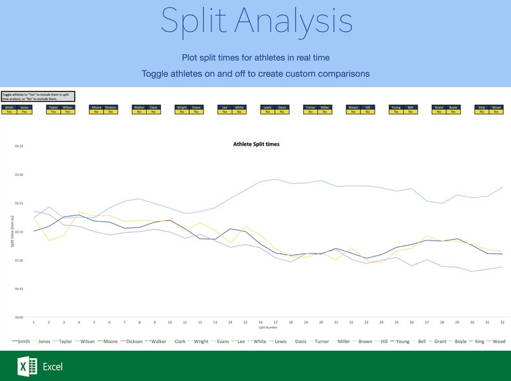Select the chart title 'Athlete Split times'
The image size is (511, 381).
[x=256, y=144]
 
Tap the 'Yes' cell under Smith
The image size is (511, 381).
[x=9, y=112]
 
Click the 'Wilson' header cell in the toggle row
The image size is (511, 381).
[x=68, y=108]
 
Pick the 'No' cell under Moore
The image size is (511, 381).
[x=96, y=112]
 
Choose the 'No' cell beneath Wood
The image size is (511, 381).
[x=496, y=112]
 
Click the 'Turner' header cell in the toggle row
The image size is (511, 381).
[x=310, y=108]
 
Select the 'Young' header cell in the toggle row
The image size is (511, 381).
[x=396, y=108]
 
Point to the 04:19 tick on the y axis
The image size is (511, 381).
[x=19, y=146]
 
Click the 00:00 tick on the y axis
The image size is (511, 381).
[x=19, y=318]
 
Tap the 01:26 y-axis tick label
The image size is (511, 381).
[x=19, y=260]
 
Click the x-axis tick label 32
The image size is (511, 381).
[x=501, y=322]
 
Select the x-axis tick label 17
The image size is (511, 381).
[x=275, y=322]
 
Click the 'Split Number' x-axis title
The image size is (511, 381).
[x=267, y=327]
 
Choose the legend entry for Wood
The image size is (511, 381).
[x=496, y=342]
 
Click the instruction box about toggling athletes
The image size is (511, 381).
[x=38, y=96]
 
